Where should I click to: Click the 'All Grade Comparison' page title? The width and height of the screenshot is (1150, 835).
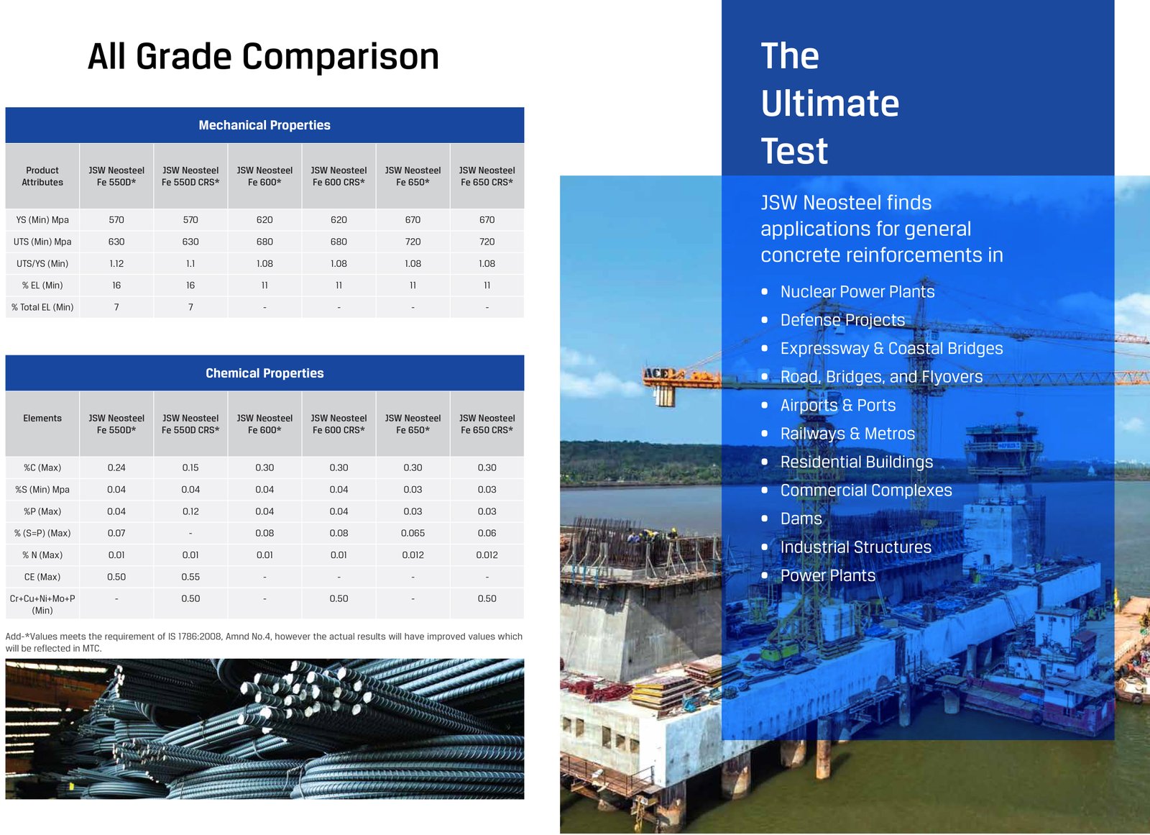(263, 57)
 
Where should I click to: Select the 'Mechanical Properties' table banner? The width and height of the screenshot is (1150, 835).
(264, 125)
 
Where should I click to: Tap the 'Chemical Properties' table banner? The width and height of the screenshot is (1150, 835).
(264, 373)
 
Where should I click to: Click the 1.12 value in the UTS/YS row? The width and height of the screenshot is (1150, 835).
(116, 264)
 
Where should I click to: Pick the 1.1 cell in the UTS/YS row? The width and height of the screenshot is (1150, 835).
(190, 264)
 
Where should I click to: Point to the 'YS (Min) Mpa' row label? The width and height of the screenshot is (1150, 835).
(42, 220)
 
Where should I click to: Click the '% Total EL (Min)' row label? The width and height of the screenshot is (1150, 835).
(42, 307)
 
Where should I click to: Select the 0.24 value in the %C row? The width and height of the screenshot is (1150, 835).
(116, 467)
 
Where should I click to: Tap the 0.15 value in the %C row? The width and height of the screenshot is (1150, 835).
(190, 467)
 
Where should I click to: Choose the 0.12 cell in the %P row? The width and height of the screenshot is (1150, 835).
(190, 511)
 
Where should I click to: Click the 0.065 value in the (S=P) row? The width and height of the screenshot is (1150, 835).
(413, 533)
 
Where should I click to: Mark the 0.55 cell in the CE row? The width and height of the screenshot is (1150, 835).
(190, 577)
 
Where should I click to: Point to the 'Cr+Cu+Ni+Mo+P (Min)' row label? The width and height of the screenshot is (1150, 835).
(42, 604)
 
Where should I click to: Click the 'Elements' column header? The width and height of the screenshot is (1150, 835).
(42, 419)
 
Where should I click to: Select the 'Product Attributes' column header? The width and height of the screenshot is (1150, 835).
(42, 176)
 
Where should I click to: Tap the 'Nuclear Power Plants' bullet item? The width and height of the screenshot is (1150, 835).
(857, 292)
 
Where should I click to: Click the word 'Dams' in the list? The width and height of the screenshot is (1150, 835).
(801, 519)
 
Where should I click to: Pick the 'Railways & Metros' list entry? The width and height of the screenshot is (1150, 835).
(847, 434)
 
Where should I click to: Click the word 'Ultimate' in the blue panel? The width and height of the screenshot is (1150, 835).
(830, 104)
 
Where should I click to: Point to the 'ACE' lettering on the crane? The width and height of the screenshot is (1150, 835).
(657, 373)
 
